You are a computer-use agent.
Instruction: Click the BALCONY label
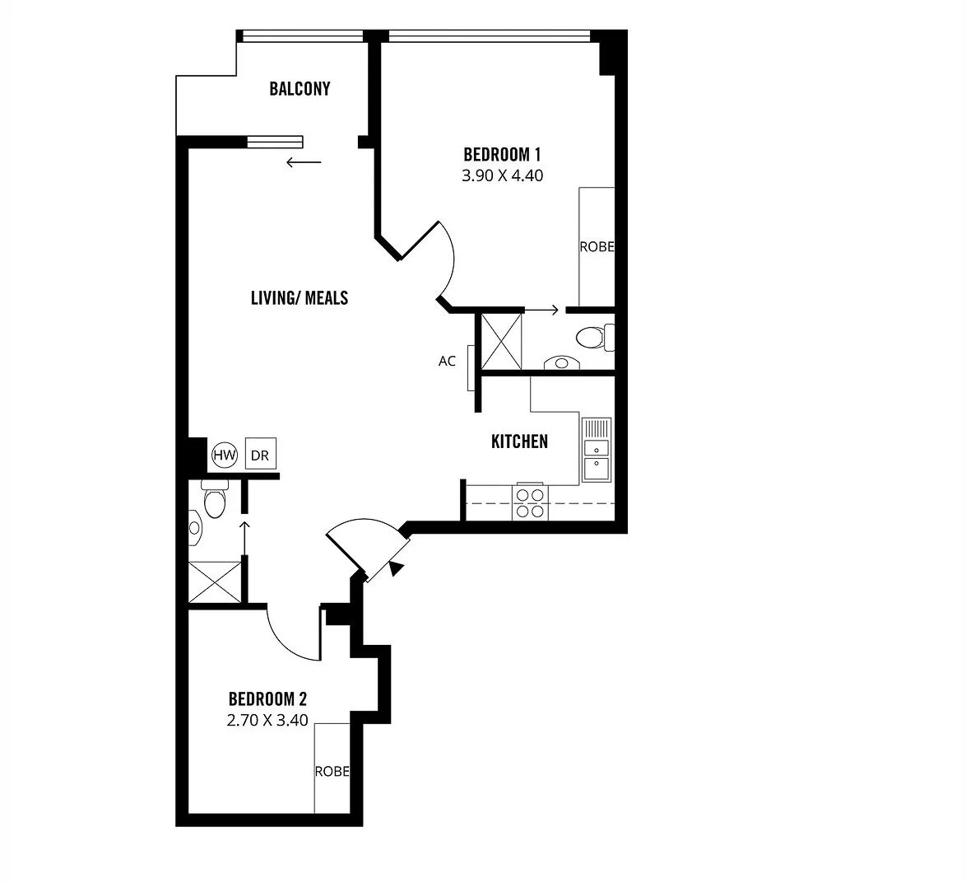(x=300, y=89)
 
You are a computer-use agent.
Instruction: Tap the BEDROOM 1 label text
(x=502, y=154)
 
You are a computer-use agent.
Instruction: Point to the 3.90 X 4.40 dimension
(x=502, y=175)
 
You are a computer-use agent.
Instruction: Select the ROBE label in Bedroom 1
(x=597, y=246)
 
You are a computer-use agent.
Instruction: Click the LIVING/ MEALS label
(x=300, y=298)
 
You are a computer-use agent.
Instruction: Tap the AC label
(x=447, y=361)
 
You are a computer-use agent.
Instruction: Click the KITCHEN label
(x=519, y=441)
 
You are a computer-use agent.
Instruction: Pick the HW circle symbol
(x=225, y=455)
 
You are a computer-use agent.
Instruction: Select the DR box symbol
(x=260, y=455)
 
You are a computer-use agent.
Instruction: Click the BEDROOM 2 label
(x=267, y=699)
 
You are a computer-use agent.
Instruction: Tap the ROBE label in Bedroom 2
(x=332, y=772)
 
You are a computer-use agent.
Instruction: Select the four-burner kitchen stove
(x=529, y=502)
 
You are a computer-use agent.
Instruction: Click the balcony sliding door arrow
(x=304, y=162)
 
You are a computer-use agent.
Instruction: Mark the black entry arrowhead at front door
(x=397, y=568)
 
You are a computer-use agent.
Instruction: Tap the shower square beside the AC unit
(x=501, y=341)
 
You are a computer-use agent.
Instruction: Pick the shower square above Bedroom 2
(x=215, y=582)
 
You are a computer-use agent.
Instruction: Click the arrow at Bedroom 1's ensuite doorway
(x=542, y=311)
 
